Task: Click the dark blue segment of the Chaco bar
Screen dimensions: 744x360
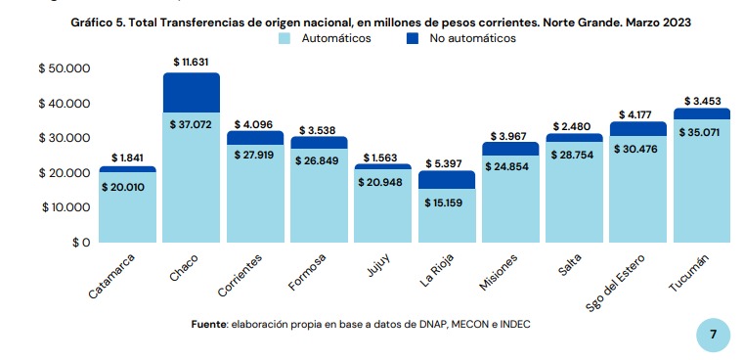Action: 192,93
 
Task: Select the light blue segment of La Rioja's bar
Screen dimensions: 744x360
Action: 447,215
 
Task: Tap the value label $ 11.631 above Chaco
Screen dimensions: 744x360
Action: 192,63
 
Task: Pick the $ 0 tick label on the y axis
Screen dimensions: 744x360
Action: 81,243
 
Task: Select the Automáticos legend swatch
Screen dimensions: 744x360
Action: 284,39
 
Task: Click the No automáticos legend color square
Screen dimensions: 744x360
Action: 413,39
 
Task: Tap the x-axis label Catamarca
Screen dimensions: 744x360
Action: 112,276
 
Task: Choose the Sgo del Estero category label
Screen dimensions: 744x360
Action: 615,282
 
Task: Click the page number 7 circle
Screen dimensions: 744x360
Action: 713,336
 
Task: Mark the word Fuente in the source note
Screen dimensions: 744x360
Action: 209,325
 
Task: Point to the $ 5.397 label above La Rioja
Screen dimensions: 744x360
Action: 447,164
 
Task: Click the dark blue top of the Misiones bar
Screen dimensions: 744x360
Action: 510,149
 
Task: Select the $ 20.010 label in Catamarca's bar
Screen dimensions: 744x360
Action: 123,188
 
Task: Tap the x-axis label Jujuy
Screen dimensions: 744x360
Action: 378,266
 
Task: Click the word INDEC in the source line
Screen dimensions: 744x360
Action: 516,325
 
